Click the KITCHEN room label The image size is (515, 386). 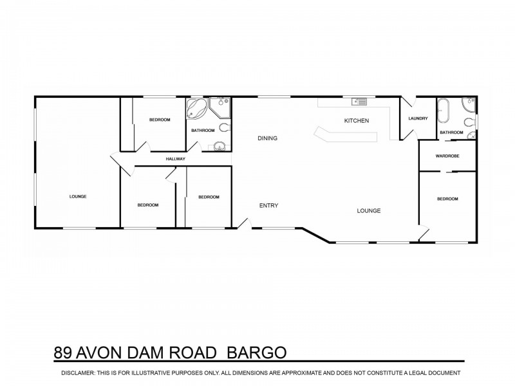click(x=356, y=121)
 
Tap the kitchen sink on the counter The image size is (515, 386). click(x=359, y=101)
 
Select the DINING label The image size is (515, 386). click(x=267, y=138)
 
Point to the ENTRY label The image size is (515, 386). click(x=268, y=206)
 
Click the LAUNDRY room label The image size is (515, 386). click(x=418, y=118)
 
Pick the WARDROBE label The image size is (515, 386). click(x=447, y=156)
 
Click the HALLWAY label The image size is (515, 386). click(x=176, y=159)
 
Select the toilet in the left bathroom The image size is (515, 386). click(x=224, y=127)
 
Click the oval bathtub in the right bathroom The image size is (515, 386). click(x=444, y=111)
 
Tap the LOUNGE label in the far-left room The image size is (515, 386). click(x=77, y=196)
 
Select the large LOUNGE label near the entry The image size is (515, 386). click(x=370, y=210)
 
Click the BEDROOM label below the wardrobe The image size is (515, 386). click(x=447, y=199)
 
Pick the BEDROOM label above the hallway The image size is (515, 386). click(x=160, y=120)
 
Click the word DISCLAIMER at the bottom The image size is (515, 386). click(x=81, y=373)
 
